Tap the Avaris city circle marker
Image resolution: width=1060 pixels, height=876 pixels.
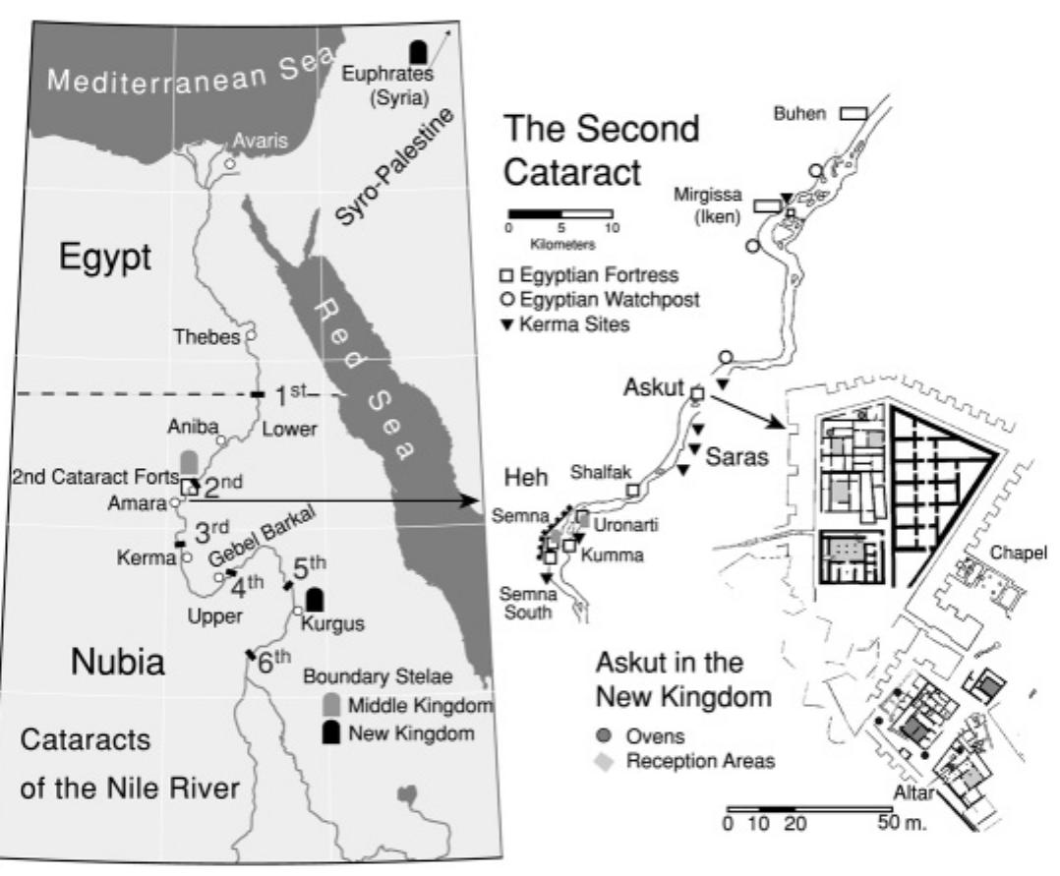(x=229, y=163)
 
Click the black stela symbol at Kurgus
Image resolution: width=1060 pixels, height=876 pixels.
(x=316, y=599)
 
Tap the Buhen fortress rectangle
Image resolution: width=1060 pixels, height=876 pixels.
(x=853, y=114)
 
